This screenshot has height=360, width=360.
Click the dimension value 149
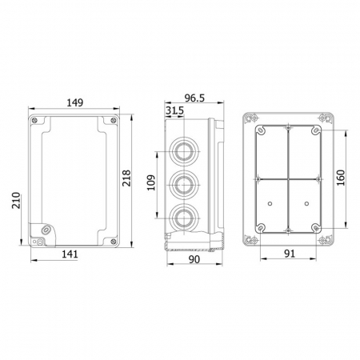(x=75, y=102)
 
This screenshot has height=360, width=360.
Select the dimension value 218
(x=126, y=178)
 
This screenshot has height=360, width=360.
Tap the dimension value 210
(x=16, y=200)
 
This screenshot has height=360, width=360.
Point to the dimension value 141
(x=70, y=254)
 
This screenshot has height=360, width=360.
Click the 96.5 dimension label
(x=194, y=98)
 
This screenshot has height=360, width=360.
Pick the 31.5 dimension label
(x=174, y=110)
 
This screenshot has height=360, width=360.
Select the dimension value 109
(x=151, y=182)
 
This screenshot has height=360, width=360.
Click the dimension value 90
(x=194, y=259)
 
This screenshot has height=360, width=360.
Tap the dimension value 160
(x=341, y=178)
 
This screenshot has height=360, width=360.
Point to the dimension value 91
(x=290, y=254)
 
